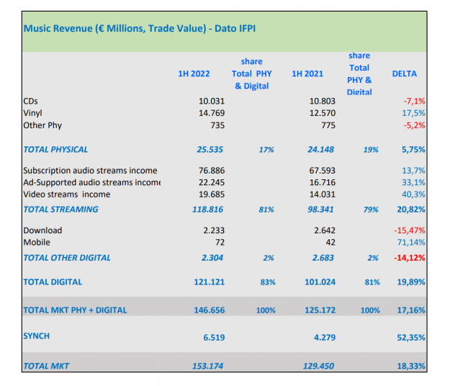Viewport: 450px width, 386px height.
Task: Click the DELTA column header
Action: point(404,73)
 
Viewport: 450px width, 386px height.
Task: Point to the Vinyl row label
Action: point(34,113)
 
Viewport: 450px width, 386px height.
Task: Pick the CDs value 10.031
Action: point(211,102)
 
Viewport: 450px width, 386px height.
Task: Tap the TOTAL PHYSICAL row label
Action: point(55,150)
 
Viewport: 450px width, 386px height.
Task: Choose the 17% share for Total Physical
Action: point(266,150)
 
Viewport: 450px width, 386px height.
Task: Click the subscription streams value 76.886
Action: point(211,171)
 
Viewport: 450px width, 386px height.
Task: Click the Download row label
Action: point(42,230)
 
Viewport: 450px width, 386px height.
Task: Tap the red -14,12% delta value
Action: point(408,258)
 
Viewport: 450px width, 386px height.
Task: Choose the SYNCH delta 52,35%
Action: point(410,336)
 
